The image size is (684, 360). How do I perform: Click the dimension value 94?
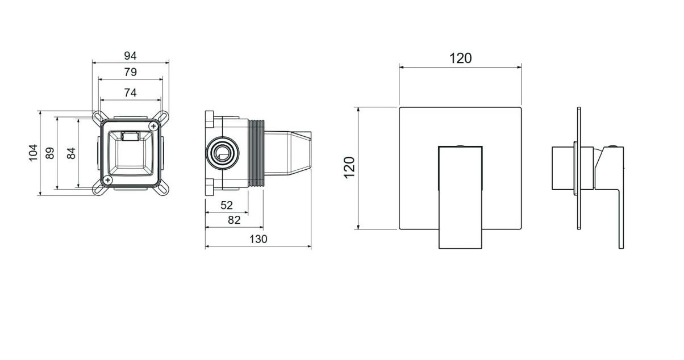(x=131, y=56)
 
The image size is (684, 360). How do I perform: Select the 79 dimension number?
(x=131, y=72)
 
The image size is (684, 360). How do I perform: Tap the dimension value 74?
(x=131, y=93)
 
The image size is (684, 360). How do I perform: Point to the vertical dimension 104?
(x=33, y=153)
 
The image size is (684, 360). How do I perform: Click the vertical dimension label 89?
(x=50, y=153)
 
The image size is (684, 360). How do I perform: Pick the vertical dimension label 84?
(x=71, y=153)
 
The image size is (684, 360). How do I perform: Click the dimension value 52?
(x=227, y=206)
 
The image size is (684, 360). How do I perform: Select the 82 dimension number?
(x=234, y=220)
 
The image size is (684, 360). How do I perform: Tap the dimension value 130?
(x=258, y=239)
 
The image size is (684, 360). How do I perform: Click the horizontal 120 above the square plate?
(x=461, y=58)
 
